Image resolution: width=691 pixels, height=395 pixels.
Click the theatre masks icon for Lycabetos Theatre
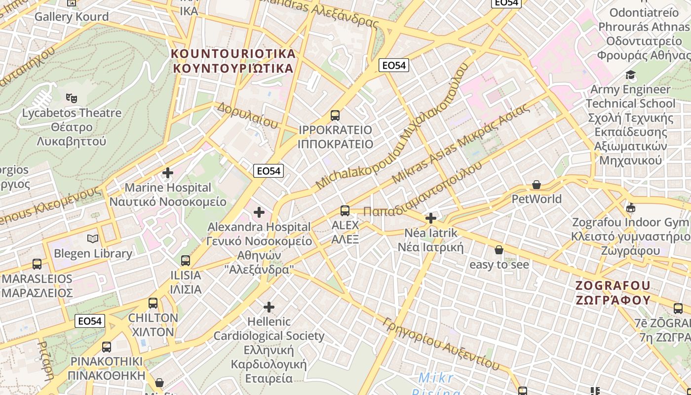[x=72, y=98]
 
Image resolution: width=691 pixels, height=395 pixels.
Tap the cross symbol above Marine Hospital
[x=168, y=173]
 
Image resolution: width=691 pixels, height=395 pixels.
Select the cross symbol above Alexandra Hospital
[x=259, y=212]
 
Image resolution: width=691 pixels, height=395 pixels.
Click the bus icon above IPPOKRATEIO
[x=335, y=116]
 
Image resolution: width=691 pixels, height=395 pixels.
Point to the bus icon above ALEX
[x=345, y=211]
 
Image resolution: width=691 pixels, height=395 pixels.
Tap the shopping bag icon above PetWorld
[x=537, y=185]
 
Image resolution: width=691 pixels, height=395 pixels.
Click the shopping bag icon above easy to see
[x=499, y=250]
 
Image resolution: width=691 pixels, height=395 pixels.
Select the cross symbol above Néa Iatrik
[x=431, y=218]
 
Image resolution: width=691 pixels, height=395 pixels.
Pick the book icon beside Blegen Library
[x=93, y=239]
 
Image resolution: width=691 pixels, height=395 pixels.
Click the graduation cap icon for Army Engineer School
[x=630, y=75]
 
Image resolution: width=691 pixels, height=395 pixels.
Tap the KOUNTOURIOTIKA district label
[x=233, y=60]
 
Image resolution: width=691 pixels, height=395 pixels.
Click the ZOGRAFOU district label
[x=613, y=292]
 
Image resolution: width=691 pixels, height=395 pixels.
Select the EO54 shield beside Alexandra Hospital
[x=269, y=171]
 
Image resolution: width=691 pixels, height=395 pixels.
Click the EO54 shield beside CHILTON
[x=90, y=321]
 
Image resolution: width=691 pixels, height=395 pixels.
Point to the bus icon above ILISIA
[x=186, y=260]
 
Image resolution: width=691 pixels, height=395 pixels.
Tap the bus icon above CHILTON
[x=153, y=303]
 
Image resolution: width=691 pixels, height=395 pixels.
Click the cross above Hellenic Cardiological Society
[x=269, y=307]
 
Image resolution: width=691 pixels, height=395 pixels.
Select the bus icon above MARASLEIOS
[x=37, y=264]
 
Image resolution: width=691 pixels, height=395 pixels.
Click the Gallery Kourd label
[x=72, y=16]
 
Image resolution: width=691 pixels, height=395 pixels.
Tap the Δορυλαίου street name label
[x=247, y=115]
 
